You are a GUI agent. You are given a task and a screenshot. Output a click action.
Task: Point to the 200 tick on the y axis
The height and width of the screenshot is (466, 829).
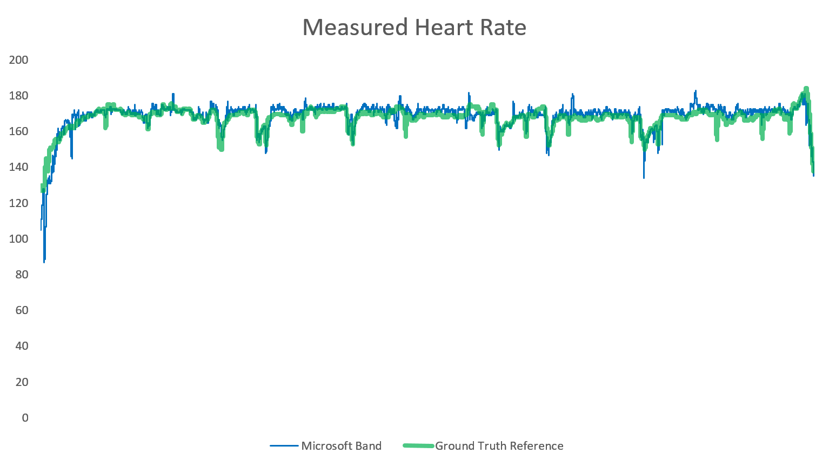click(19, 60)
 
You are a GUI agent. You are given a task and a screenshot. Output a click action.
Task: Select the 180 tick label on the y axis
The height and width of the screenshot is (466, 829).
click(19, 96)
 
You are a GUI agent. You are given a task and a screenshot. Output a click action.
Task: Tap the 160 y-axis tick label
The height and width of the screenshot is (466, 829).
click(19, 131)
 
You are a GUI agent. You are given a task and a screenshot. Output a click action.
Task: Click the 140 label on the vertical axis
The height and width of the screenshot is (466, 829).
click(19, 167)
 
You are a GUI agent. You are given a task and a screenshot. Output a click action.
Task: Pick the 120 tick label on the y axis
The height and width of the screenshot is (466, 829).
click(19, 203)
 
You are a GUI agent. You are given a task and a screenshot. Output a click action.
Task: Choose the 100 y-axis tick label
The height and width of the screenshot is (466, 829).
click(19, 239)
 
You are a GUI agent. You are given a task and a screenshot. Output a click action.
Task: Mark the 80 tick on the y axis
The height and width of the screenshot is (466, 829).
click(22, 275)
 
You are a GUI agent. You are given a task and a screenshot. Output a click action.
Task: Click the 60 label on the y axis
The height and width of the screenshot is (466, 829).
click(22, 310)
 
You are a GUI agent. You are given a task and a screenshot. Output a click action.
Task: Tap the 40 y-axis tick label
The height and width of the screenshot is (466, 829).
click(22, 346)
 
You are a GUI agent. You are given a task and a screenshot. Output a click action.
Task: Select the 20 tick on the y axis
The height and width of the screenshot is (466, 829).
click(22, 382)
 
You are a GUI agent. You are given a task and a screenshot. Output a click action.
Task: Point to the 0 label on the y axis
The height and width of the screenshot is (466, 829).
click(25, 418)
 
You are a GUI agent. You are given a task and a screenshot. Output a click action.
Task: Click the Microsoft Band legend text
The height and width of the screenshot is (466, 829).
click(341, 446)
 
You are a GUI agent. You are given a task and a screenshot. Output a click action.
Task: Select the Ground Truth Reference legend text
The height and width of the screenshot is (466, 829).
click(499, 446)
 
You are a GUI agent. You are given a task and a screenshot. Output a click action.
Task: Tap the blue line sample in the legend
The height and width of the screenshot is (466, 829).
click(284, 446)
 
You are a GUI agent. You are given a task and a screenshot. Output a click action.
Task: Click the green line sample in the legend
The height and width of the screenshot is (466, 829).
click(418, 446)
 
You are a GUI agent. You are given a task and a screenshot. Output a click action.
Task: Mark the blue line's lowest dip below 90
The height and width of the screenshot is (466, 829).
click(44, 261)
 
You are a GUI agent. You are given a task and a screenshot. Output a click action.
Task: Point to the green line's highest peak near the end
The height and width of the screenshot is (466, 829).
click(806, 89)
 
